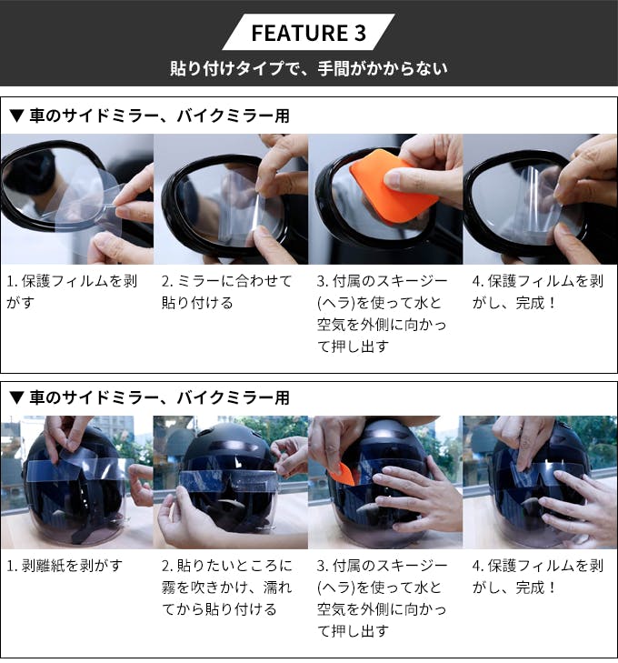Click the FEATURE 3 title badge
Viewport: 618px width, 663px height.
coord(308,32)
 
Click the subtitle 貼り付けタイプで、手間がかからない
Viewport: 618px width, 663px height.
coord(309,68)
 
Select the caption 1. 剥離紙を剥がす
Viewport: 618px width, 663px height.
coord(65,566)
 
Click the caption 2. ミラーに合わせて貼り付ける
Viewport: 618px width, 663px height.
coord(226,292)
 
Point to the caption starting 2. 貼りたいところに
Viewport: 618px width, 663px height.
coord(226,588)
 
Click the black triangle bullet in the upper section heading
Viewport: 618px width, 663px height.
coord(16,116)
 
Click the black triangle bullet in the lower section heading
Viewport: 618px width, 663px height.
coord(16,397)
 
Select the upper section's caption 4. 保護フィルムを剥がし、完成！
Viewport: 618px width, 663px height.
coord(537,292)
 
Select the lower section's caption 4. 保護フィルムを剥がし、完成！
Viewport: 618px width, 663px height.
coord(537,577)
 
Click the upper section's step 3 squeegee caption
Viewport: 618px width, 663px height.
coord(382,314)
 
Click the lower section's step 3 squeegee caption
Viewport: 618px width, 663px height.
coord(382,598)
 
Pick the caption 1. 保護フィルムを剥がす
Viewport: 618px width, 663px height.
coord(72,292)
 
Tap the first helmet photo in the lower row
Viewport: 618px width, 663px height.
coord(77,482)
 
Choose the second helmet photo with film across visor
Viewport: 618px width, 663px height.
coord(231,482)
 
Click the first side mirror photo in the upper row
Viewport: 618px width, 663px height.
coord(77,199)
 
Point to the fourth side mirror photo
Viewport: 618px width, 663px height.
coord(540,199)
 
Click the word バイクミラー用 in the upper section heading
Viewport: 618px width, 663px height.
coord(234,116)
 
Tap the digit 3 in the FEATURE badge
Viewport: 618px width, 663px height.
coord(360,33)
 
